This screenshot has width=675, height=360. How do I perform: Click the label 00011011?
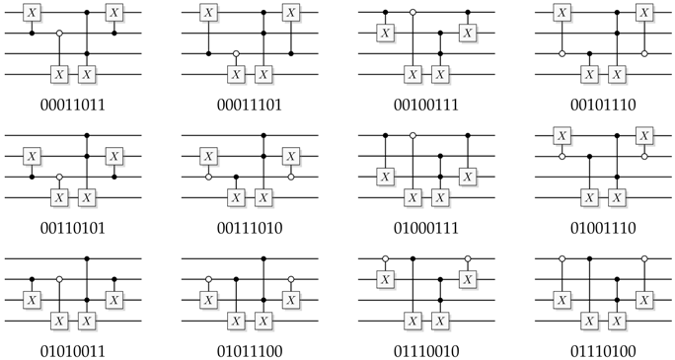[x=74, y=104]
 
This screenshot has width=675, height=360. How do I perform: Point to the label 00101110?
[x=602, y=104]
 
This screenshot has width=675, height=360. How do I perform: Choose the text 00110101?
[x=74, y=226]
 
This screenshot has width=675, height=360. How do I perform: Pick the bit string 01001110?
[x=602, y=226]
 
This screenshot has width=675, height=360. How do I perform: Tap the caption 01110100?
[x=602, y=349]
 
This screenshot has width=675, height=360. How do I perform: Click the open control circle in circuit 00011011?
[x=59, y=34]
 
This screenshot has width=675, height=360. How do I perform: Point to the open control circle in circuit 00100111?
[x=412, y=13]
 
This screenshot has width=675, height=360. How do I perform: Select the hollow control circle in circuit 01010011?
[x=59, y=279]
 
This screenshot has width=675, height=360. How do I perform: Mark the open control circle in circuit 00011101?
[x=236, y=53]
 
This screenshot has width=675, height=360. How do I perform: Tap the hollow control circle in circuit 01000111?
[x=412, y=135]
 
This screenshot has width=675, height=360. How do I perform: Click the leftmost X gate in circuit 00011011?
[x=33, y=13]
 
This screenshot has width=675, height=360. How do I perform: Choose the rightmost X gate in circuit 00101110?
[x=643, y=13]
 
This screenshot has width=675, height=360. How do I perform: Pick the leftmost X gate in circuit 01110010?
[x=386, y=279]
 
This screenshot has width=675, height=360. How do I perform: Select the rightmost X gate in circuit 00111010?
[x=290, y=156]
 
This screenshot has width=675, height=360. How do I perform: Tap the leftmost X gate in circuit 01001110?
[x=562, y=135]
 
